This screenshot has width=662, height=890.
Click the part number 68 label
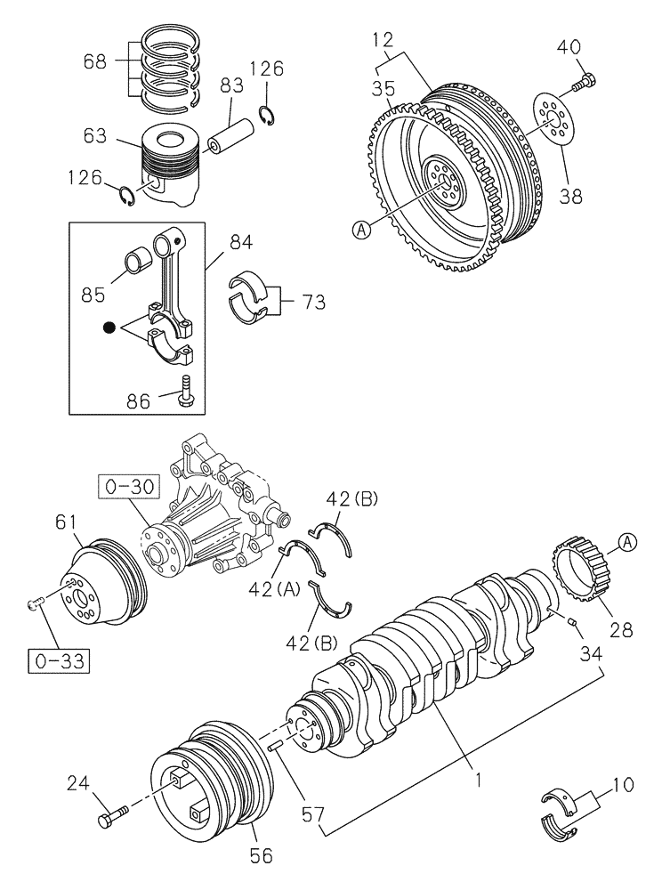point(96,61)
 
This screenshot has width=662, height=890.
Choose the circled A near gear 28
point(626,541)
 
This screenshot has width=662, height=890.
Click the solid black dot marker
point(109,328)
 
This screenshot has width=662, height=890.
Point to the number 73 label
point(311,302)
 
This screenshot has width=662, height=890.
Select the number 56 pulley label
point(262,856)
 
